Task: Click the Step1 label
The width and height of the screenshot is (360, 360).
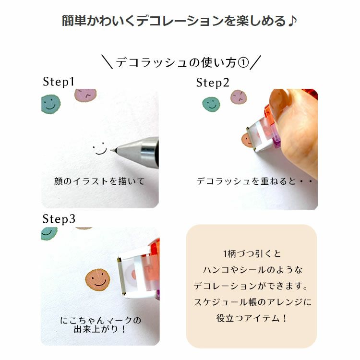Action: (59, 82)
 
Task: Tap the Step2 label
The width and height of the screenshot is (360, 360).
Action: (213, 83)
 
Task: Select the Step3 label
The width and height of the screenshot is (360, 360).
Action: (59, 219)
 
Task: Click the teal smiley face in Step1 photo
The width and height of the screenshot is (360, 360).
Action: (51, 104)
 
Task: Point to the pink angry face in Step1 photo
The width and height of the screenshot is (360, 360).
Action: (85, 95)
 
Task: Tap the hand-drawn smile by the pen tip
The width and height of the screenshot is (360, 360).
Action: (100, 148)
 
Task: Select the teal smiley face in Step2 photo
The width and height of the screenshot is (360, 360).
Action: (211, 104)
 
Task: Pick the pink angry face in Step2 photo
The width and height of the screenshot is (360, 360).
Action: (239, 96)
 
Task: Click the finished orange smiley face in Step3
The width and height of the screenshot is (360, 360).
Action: (97, 279)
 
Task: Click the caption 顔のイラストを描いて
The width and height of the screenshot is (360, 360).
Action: (99, 181)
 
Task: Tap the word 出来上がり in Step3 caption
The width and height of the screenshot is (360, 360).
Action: (96, 329)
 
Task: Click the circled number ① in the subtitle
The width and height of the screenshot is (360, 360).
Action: (243, 62)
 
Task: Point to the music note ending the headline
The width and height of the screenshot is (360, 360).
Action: (292, 21)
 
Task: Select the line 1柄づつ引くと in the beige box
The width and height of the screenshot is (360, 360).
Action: (252, 254)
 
